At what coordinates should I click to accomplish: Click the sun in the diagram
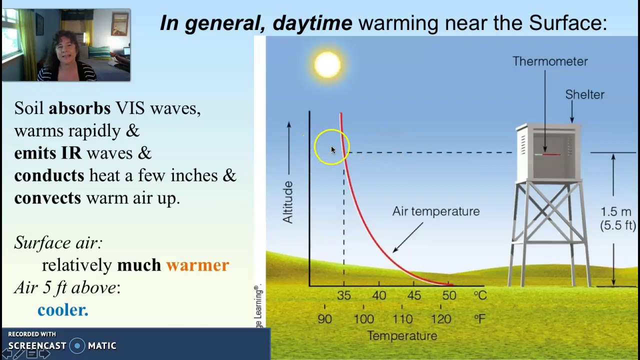tap(327, 64)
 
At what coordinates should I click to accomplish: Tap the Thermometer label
tap(550, 61)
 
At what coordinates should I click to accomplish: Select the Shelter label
tap(584, 94)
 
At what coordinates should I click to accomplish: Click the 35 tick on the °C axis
tap(343, 295)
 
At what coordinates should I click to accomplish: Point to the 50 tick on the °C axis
tap(449, 295)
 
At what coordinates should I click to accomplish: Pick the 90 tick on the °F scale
tap(324, 318)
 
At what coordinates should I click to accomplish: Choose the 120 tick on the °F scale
tap(441, 318)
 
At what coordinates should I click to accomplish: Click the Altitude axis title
tap(288, 202)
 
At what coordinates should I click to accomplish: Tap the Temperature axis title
tap(402, 336)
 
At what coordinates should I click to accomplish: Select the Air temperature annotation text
tap(435, 211)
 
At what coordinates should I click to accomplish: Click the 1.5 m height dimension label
tap(615, 212)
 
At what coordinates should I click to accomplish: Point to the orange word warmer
tap(197, 265)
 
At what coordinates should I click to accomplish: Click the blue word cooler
tap(62, 310)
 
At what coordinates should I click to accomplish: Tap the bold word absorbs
tap(79, 108)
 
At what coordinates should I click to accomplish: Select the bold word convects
tap(47, 198)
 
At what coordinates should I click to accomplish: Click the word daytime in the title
tap(312, 23)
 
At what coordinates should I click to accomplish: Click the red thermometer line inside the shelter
tap(550, 154)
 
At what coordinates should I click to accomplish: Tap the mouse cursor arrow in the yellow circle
tap(333, 149)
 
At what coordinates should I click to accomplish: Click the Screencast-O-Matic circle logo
tap(77, 345)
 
